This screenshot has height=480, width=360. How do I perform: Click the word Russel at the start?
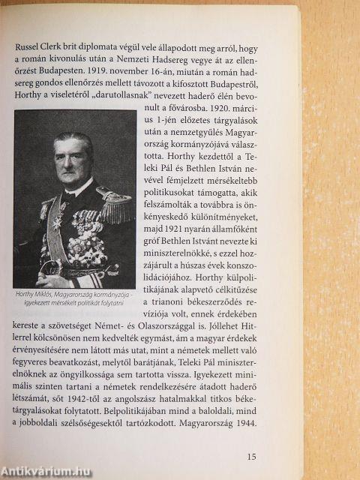29,43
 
